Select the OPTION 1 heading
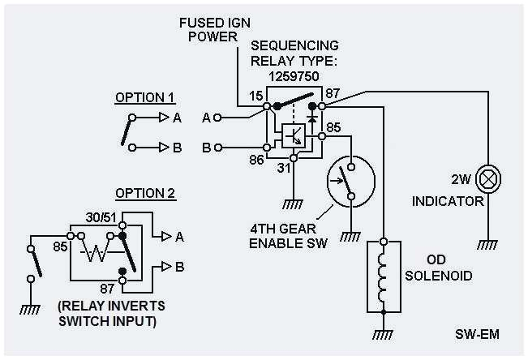point(144,98)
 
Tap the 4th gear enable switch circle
point(349,179)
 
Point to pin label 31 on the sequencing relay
point(284,168)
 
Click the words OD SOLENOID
point(437,268)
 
